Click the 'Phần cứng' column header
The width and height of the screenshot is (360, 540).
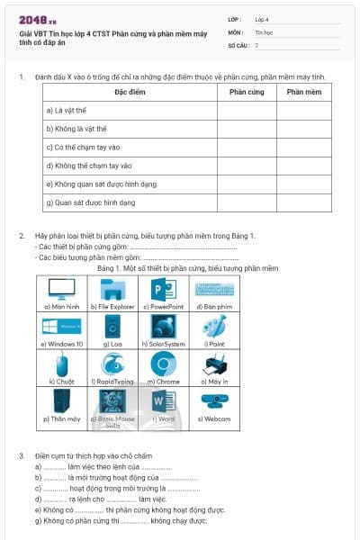tap(246, 92)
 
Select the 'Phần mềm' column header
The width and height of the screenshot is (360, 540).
tap(304, 92)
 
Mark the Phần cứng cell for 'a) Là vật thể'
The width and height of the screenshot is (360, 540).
tap(246, 111)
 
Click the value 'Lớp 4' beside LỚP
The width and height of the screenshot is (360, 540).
tap(262, 18)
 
